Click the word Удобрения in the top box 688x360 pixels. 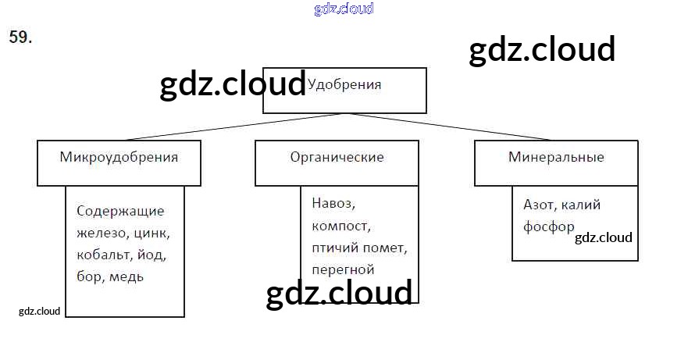(345, 84)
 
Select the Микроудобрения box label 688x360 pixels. (119, 157)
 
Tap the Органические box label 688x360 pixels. (337, 157)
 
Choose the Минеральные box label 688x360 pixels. (556, 157)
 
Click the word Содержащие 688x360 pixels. (120, 211)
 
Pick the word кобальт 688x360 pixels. (104, 255)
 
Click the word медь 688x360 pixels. (127, 276)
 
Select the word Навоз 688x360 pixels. (333, 205)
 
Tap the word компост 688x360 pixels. (340, 226)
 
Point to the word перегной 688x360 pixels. (342, 269)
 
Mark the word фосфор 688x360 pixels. (548, 226)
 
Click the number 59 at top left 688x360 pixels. (20, 37)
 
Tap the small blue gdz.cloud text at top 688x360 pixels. (344, 9)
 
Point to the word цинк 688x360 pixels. (152, 233)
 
